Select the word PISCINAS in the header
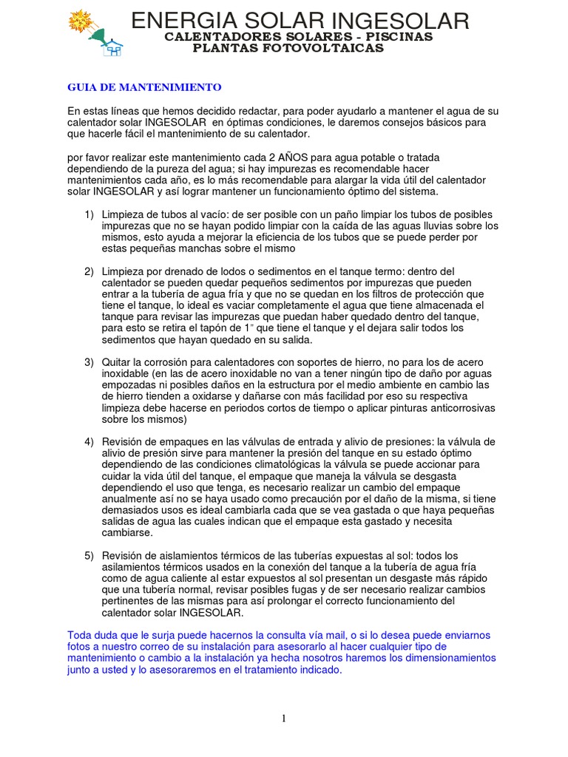click(402, 37)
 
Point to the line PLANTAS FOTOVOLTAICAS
click(288, 48)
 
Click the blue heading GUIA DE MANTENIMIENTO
click(144, 87)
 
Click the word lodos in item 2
click(215, 272)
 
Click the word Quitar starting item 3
click(118, 362)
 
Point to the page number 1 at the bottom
click(283, 719)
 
